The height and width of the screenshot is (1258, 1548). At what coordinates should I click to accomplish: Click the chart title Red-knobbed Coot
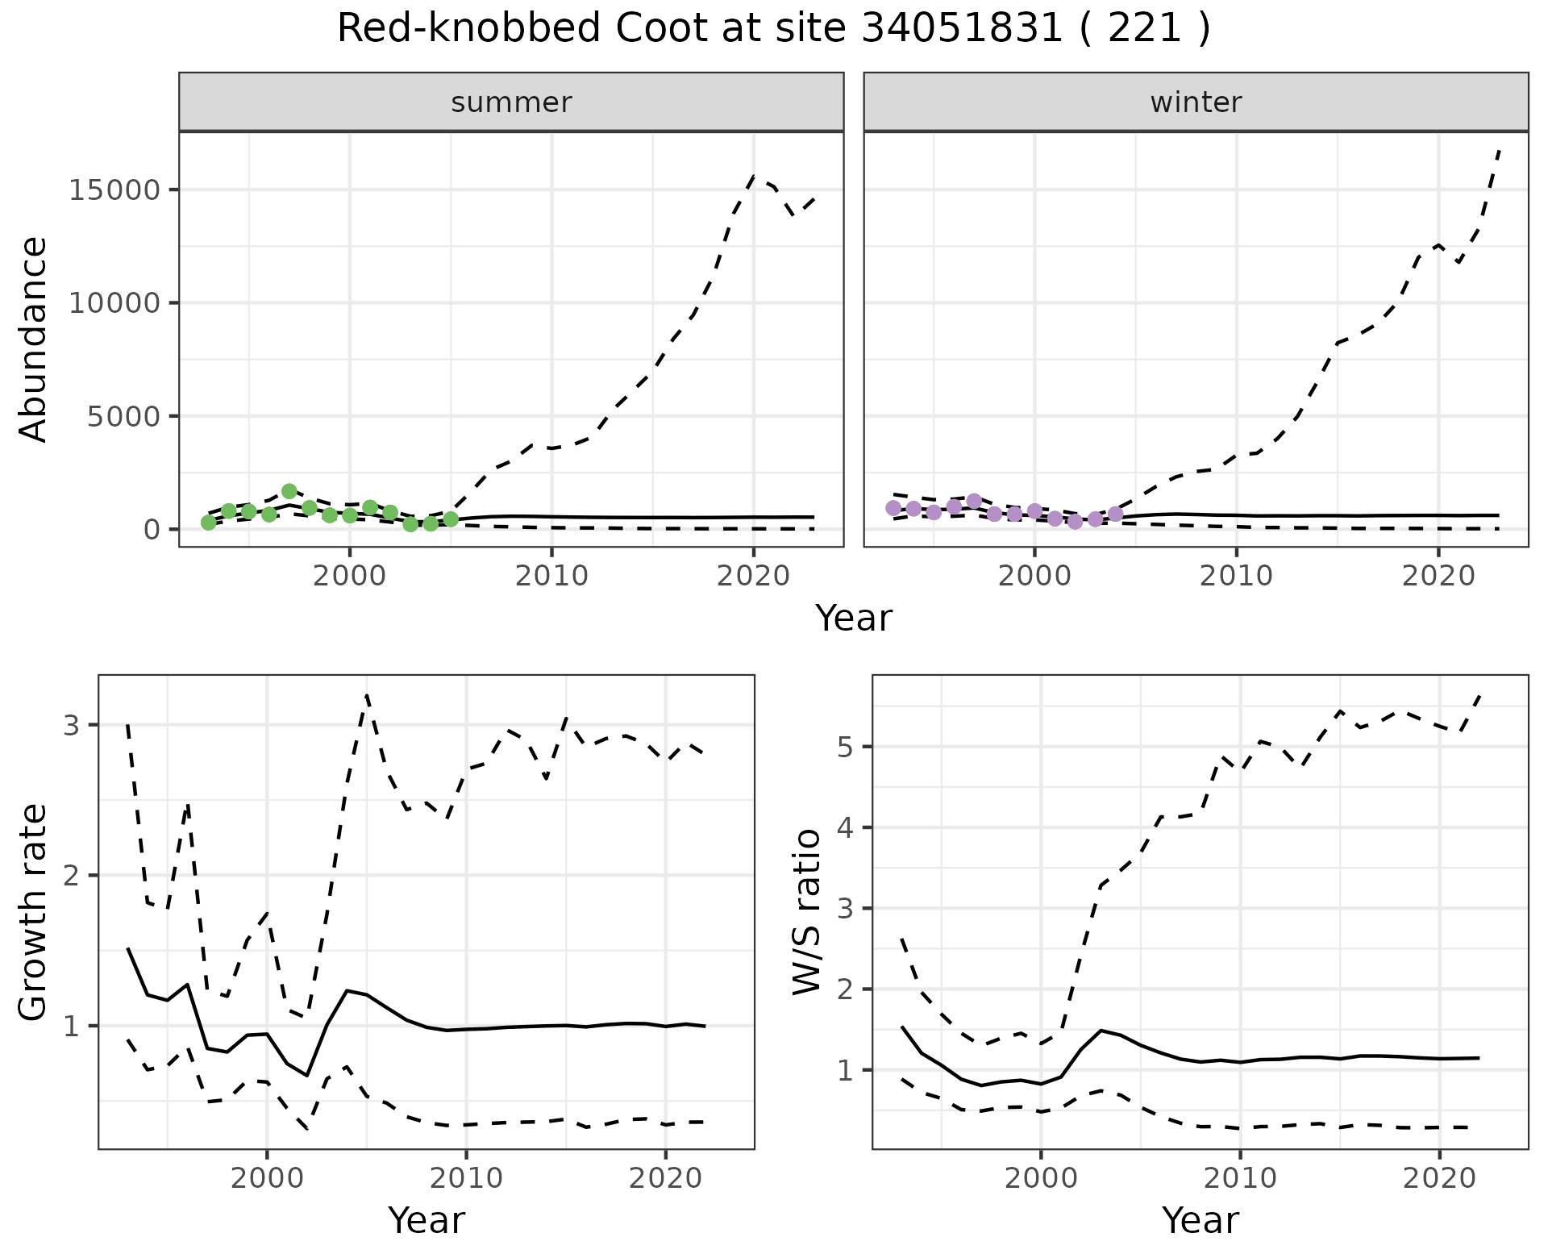tap(773, 29)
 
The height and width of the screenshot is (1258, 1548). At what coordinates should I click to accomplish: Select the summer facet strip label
tap(511, 102)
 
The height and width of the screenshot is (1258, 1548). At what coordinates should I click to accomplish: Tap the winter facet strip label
tap(1196, 102)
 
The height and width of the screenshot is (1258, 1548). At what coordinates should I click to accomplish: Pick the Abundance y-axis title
tap(33, 339)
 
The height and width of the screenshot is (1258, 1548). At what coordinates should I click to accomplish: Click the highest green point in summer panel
tap(289, 491)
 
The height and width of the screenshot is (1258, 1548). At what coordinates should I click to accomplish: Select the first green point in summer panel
tap(209, 523)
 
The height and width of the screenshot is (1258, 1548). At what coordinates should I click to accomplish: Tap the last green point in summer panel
tap(451, 519)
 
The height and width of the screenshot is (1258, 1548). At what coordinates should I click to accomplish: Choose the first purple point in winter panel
tap(893, 508)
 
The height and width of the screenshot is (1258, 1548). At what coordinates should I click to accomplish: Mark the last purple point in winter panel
tap(1116, 514)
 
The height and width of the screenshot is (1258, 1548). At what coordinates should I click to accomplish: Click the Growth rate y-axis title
tap(33, 912)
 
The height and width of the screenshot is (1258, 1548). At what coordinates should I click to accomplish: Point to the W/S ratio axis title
tap(807, 912)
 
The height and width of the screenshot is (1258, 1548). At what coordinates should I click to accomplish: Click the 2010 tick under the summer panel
tap(551, 576)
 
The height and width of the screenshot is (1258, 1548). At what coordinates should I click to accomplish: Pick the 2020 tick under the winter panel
tap(1438, 576)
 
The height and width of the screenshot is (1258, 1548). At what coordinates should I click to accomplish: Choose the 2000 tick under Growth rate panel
tap(267, 1178)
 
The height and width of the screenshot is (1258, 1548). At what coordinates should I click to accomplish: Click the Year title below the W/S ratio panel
tap(1200, 1221)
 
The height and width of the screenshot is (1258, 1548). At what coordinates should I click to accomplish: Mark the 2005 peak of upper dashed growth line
tap(367, 694)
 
